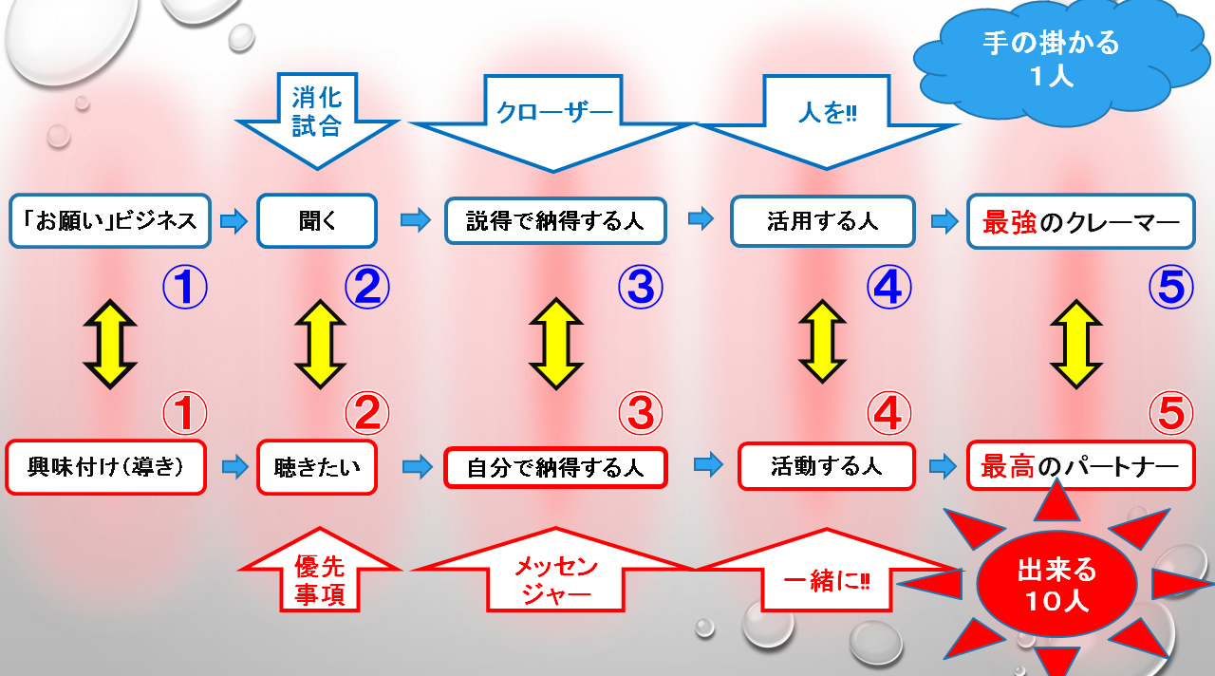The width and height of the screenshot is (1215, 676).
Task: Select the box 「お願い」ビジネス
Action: pos(109,221)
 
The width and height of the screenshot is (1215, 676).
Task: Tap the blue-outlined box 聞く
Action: pos(317,221)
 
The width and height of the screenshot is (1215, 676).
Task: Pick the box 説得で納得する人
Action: pos(555,222)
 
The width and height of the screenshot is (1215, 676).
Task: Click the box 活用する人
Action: pos(822,222)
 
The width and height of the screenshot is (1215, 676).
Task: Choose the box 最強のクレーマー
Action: pos(1080,222)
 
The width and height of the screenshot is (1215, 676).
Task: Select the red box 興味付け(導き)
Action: pos(105,467)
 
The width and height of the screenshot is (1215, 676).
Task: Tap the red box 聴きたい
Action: pos(317,467)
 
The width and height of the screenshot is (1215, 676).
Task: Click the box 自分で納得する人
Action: pos(555,467)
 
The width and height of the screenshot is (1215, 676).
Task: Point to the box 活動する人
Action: pos(826,466)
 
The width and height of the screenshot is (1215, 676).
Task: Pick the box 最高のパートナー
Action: pos(1080,466)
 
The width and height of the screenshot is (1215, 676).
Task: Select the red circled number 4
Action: pos(888,413)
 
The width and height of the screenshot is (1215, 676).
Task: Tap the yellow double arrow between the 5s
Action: pos(1075,344)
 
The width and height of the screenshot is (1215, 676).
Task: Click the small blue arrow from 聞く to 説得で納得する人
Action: pos(415,221)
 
